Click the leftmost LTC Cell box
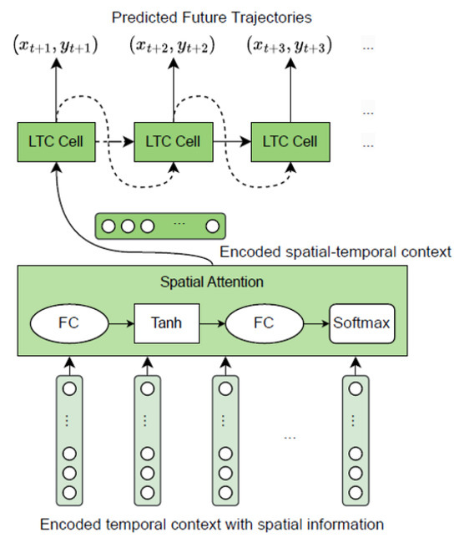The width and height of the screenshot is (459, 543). click(55, 142)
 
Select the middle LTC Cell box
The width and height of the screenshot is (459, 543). click(173, 142)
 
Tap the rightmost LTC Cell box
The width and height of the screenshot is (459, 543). click(290, 142)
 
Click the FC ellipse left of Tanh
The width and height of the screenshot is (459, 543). click(70, 321)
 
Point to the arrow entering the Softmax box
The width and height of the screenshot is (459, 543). click(318, 321)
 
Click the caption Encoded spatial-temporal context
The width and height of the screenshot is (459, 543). click(334, 251)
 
